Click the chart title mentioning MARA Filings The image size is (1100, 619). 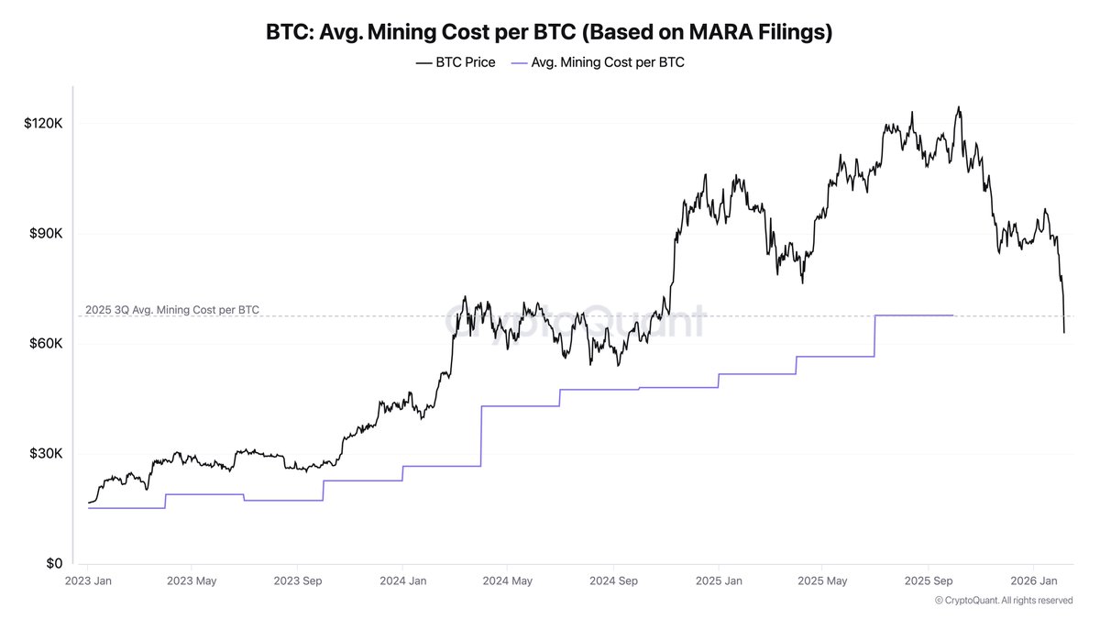pos(549,32)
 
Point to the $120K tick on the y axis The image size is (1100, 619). pos(43,124)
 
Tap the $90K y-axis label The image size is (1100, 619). pos(46,234)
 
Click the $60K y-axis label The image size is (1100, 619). pos(46,344)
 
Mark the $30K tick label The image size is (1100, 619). pos(46,454)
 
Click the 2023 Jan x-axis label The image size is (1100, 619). pos(88,581)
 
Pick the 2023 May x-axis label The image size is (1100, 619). pos(192,581)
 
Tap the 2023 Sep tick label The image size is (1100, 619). pos(299,581)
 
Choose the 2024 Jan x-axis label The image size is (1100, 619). pos(404,581)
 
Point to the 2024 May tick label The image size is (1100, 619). pos(509,581)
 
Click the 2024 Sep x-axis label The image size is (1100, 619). pos(614,581)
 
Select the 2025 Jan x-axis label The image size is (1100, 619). pos(720,581)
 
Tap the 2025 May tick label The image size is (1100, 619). pos(823,581)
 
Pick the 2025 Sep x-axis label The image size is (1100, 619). pos(929,581)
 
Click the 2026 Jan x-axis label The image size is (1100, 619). pos(1034,581)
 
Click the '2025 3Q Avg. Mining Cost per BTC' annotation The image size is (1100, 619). pos(172,310)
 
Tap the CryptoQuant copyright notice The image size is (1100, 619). pos(1003,601)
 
